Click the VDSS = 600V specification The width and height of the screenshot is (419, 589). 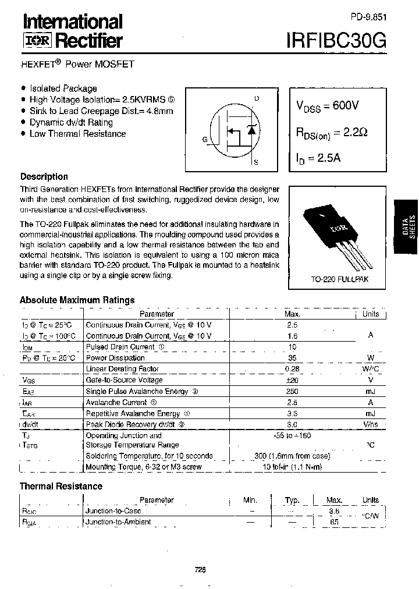click(x=328, y=106)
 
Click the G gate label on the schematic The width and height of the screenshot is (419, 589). click(x=204, y=139)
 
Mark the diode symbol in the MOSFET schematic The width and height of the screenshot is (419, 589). click(x=251, y=130)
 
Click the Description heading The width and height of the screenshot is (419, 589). click(x=44, y=177)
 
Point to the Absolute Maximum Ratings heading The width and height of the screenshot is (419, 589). click(x=77, y=300)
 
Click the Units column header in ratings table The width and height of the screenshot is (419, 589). click(x=370, y=314)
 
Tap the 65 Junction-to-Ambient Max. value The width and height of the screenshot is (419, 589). click(x=334, y=523)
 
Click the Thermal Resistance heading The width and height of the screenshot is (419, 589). click(x=61, y=486)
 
